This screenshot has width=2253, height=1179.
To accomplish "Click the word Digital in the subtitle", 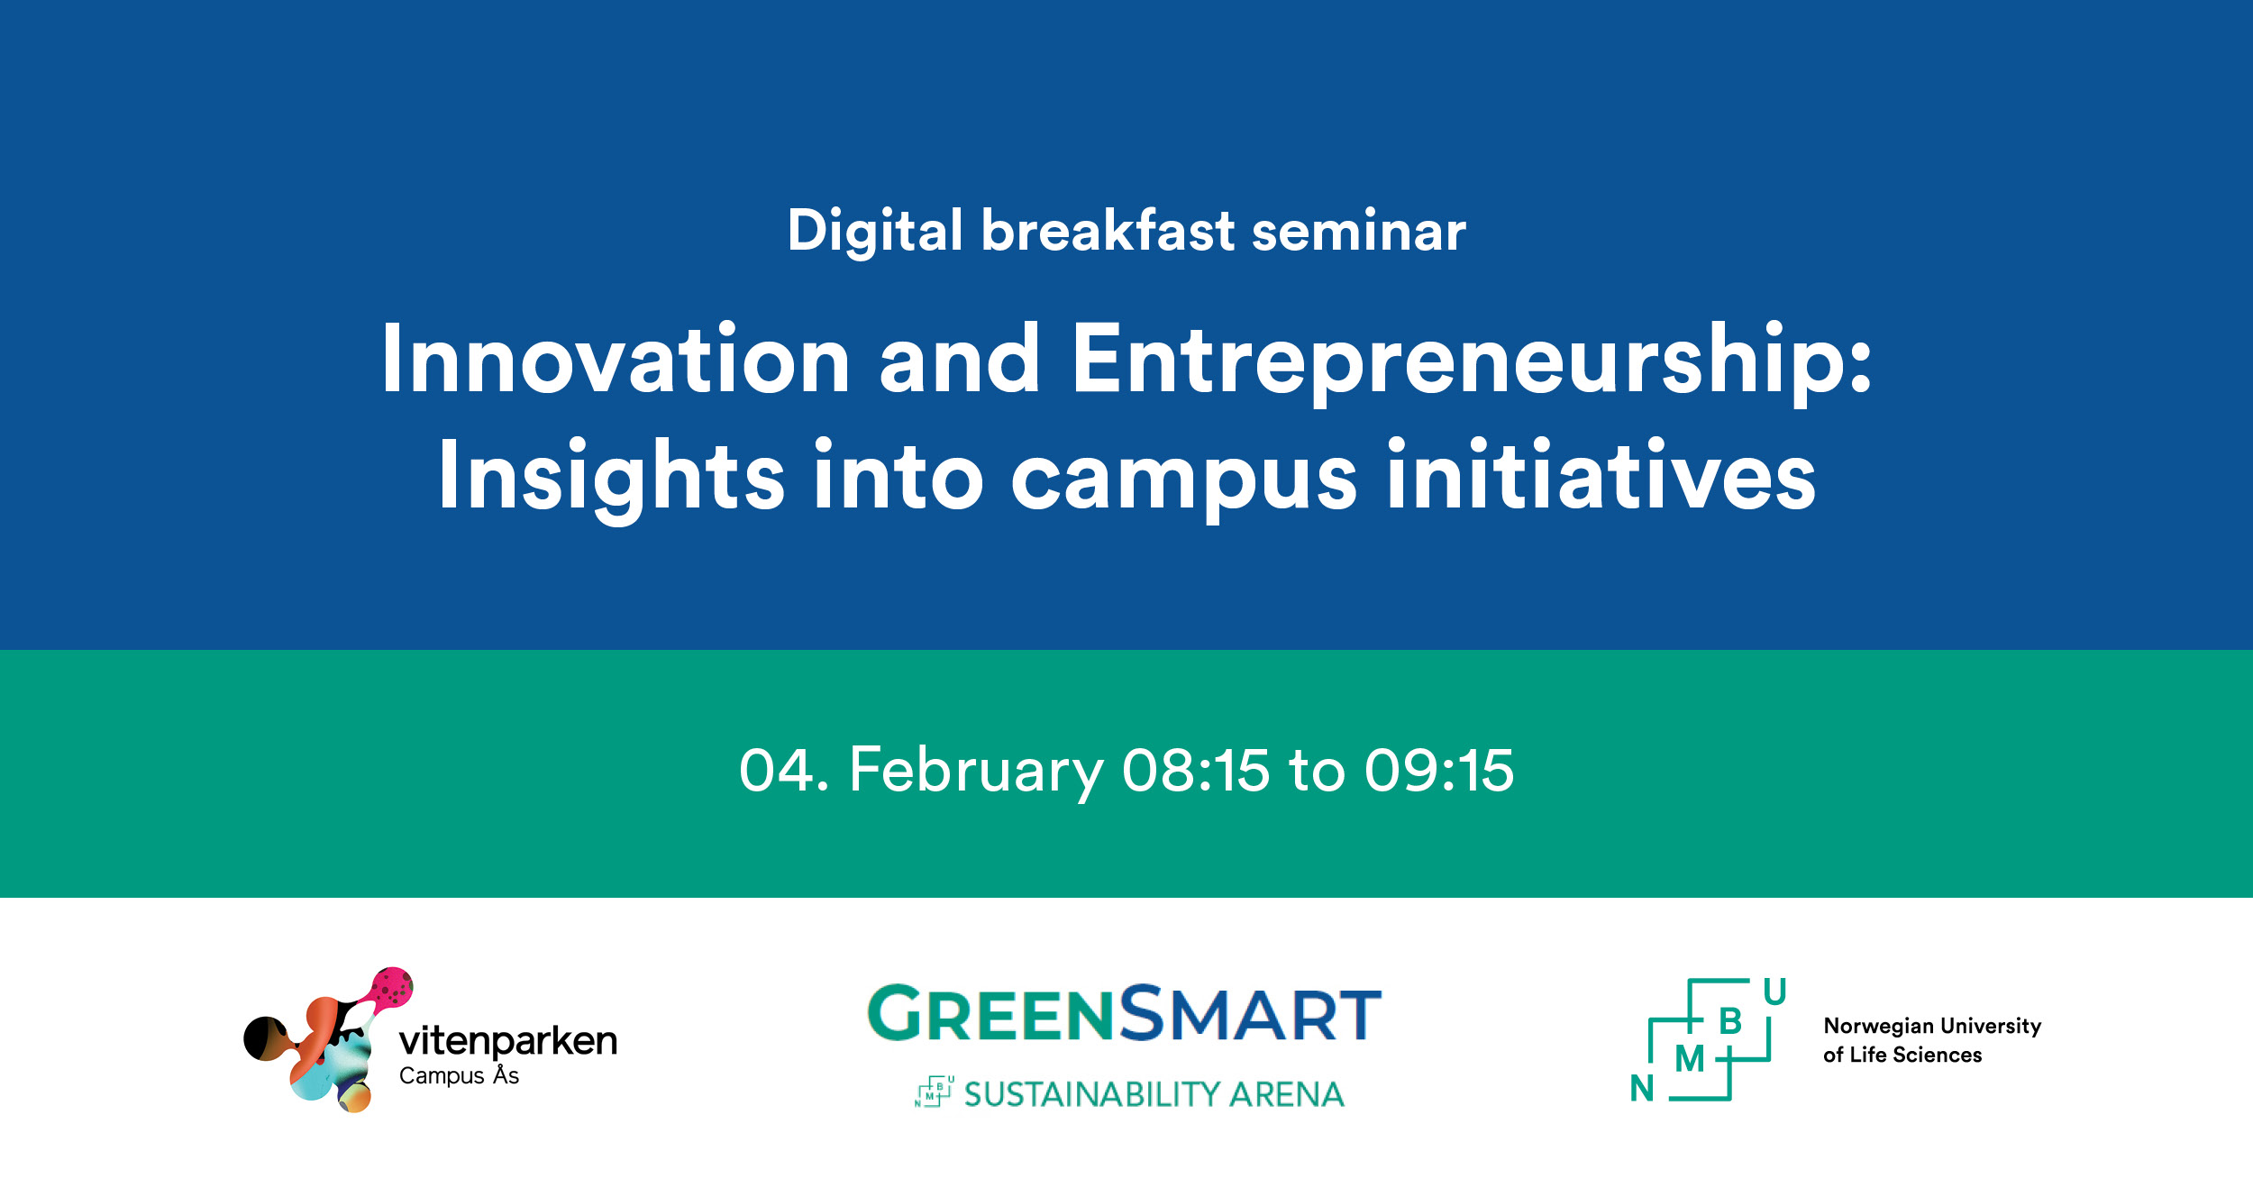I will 874,231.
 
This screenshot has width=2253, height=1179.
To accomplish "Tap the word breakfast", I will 1108,231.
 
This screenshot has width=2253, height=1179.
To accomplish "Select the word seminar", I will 1358,231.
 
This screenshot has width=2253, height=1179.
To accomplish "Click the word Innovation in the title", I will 616,360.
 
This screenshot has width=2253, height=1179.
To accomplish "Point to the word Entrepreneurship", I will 1458,360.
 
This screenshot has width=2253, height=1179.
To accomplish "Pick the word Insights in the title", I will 612,476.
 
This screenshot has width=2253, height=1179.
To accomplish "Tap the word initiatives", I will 1601,476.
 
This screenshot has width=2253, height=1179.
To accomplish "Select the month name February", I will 976,772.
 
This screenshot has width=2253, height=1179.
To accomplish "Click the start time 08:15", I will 1196,772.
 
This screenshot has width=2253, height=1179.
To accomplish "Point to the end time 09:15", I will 1439,772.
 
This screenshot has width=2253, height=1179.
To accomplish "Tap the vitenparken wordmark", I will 508,1042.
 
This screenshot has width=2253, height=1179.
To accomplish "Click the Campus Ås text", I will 459,1076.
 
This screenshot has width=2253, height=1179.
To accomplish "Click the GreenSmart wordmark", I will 1124,1014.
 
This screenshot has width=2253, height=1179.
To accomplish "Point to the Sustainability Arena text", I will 1154,1094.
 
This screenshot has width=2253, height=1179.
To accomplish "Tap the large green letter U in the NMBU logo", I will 1774,992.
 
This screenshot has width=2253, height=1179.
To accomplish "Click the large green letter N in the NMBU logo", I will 1642,1089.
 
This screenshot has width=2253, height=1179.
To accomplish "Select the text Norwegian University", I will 1932,1026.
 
